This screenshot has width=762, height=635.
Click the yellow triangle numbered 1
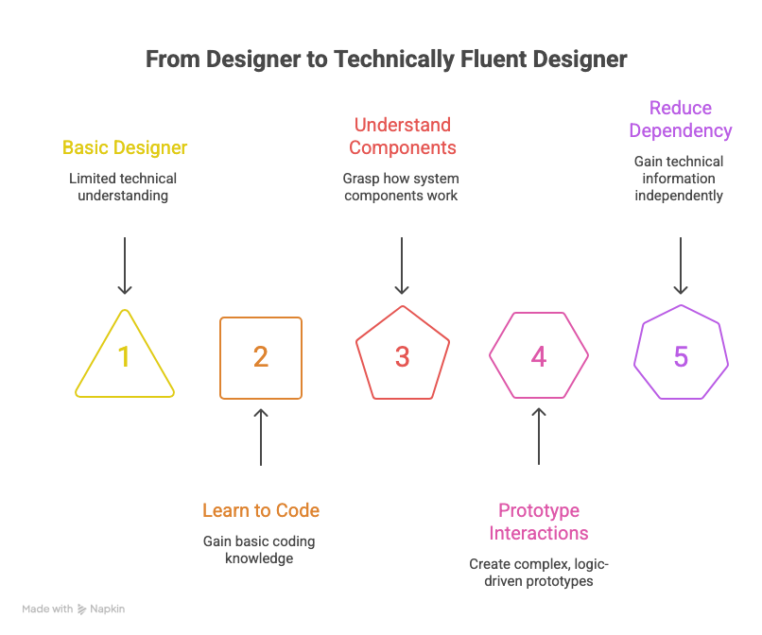(x=125, y=356)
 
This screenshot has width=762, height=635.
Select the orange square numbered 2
(x=261, y=356)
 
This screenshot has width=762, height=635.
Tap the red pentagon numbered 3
(x=402, y=356)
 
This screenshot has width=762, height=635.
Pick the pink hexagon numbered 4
(x=539, y=356)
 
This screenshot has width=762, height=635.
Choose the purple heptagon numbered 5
(x=681, y=356)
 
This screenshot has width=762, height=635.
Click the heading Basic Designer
(x=125, y=148)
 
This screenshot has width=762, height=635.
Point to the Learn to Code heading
(x=261, y=511)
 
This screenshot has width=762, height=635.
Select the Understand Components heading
(x=402, y=136)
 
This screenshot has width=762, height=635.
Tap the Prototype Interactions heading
(x=539, y=522)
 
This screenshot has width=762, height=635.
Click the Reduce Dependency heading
(x=681, y=119)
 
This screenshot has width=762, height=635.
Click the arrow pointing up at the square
(x=261, y=437)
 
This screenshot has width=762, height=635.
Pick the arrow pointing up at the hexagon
(x=539, y=437)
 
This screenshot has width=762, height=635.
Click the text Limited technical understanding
(x=123, y=186)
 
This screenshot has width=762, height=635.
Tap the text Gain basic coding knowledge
(x=259, y=550)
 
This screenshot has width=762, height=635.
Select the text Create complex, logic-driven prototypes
(x=539, y=573)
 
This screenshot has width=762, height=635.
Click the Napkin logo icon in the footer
(x=82, y=609)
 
